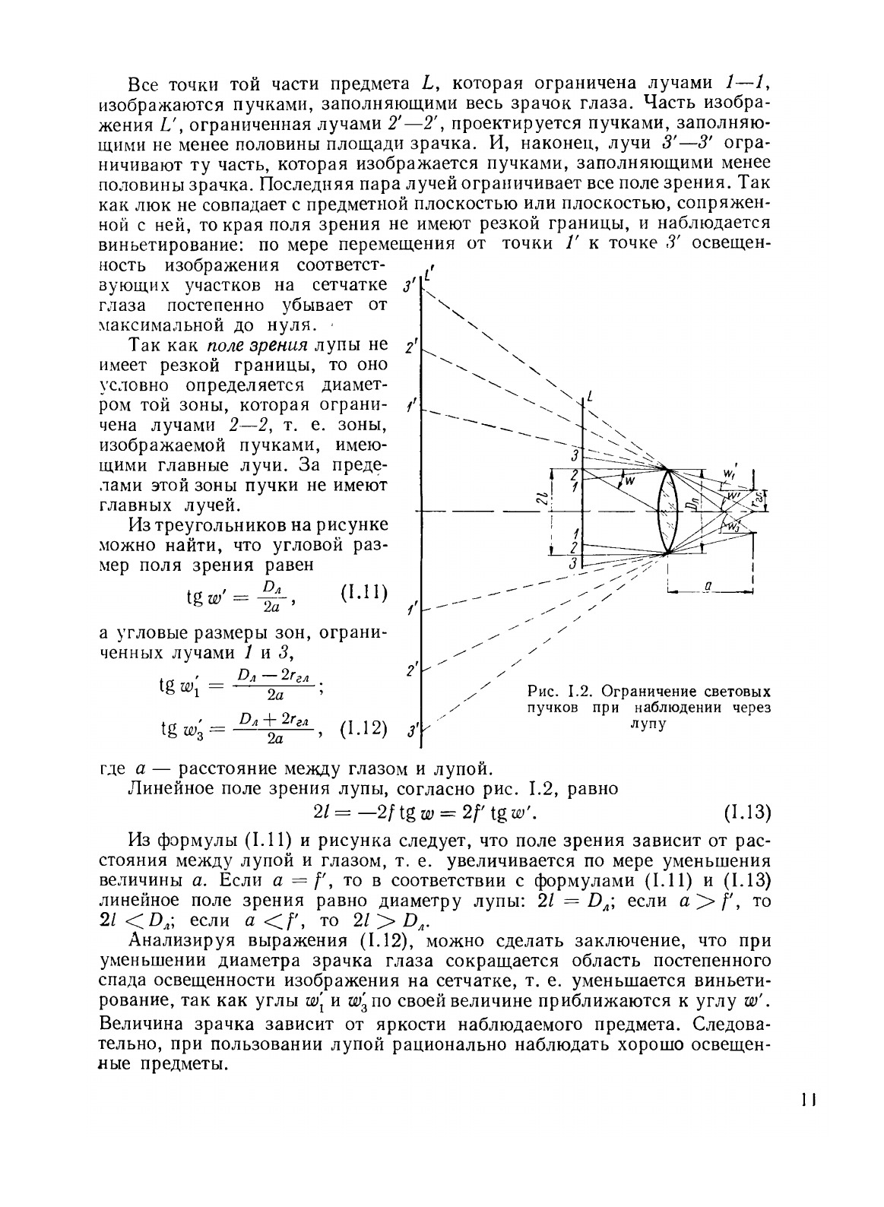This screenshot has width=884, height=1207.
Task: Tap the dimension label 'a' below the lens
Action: point(708,586)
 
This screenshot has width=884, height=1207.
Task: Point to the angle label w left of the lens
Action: point(629,480)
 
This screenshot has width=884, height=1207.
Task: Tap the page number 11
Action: point(808,1100)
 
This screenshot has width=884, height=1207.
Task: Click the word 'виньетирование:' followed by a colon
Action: point(158,244)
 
